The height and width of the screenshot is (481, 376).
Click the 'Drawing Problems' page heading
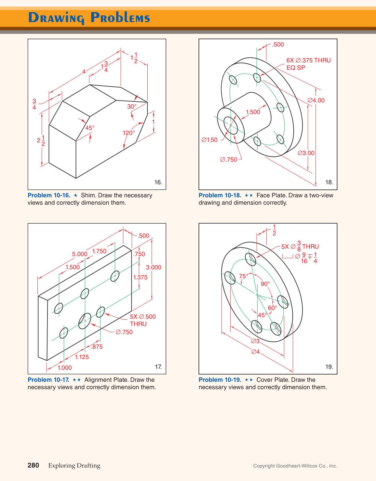(89, 18)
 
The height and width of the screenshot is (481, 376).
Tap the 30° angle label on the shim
(132, 107)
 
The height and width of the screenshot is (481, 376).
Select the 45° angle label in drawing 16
(90, 128)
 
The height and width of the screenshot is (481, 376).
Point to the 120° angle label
(128, 133)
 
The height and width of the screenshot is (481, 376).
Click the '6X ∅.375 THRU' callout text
(308, 60)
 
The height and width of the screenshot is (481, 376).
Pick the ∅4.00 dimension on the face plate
(316, 100)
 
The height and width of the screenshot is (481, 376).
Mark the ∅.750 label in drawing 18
(229, 160)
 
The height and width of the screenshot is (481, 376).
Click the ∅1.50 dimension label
(209, 140)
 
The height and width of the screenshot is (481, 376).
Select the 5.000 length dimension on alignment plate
(80, 254)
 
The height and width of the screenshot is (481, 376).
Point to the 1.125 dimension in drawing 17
(82, 357)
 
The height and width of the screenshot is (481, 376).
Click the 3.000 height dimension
(154, 267)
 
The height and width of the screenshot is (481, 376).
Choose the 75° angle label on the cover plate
(244, 276)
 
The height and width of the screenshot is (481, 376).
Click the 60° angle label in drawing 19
(273, 308)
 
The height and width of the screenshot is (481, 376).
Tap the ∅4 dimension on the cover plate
(256, 352)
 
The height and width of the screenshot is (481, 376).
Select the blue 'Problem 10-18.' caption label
(220, 195)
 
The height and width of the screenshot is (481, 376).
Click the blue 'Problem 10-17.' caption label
(48, 380)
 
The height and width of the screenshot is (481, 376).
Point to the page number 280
(33, 465)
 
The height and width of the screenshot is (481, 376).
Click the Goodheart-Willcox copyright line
(295, 466)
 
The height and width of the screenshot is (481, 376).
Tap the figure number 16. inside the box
(158, 182)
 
